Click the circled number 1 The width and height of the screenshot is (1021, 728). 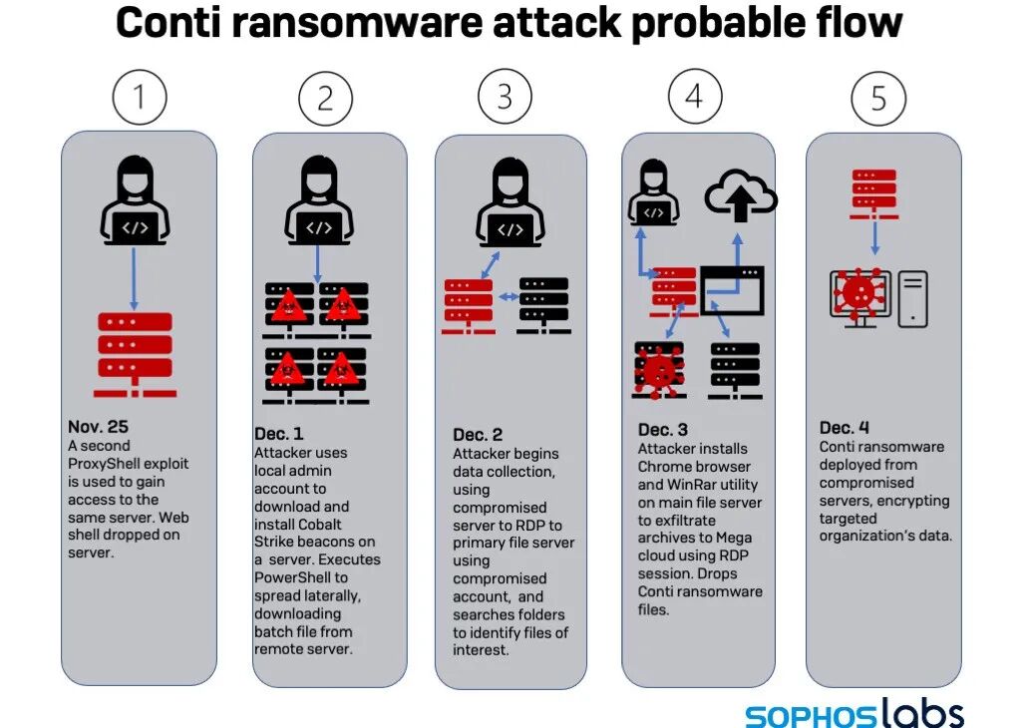coord(139,97)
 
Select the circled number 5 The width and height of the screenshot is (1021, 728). coord(878,98)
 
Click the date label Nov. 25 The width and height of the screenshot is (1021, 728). coord(98,427)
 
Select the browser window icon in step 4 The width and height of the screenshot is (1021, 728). coord(732,290)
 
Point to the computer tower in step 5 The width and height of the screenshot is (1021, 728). coord(913,298)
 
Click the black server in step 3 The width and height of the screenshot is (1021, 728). coord(543,304)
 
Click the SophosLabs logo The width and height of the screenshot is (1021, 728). coord(854,714)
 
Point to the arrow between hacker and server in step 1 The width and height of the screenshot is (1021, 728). coord(136,277)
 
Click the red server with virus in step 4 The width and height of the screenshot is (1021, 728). coord(659,370)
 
